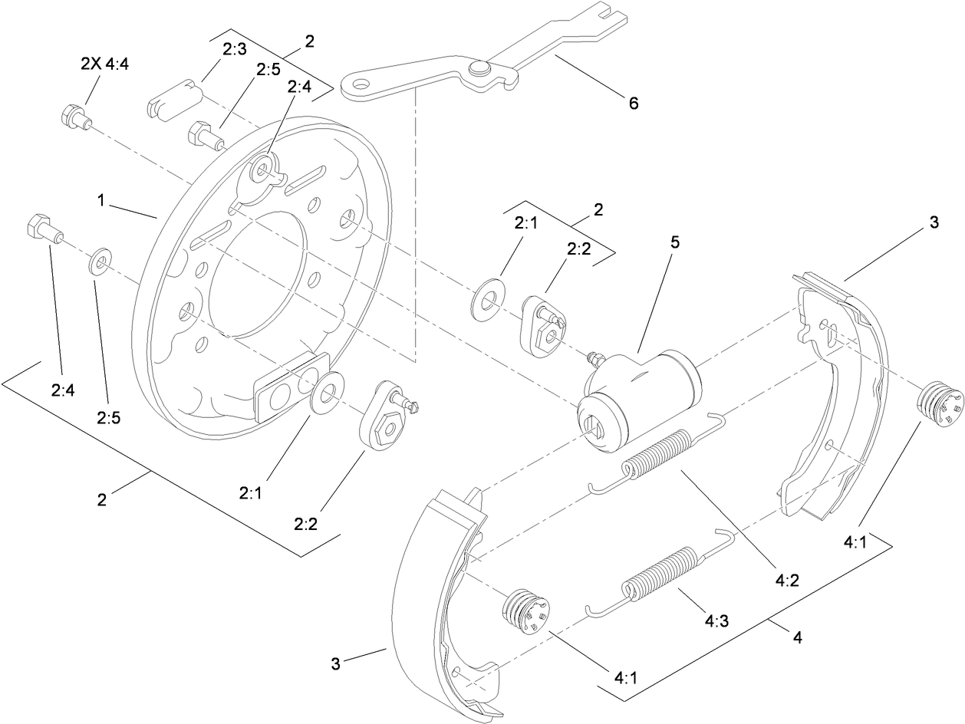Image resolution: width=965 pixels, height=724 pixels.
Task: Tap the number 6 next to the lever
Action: (x=633, y=103)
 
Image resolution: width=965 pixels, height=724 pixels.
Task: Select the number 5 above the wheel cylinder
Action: (x=674, y=242)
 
